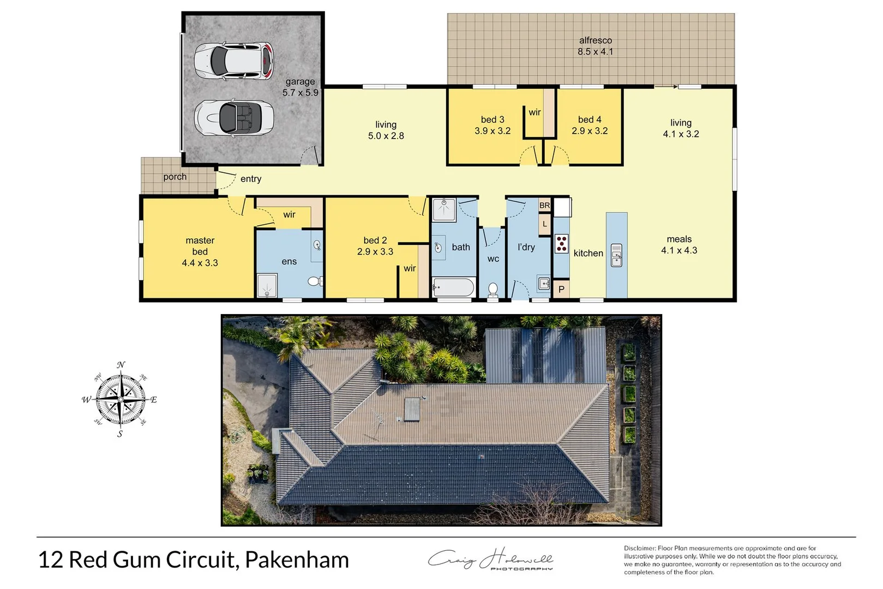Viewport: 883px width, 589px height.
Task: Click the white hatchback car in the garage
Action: pyautogui.click(x=233, y=61)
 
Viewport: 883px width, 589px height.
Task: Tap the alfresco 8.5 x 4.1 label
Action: pyautogui.click(x=595, y=46)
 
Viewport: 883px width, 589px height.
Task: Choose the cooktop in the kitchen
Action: pyautogui.click(x=561, y=243)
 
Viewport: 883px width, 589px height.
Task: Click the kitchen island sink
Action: pyautogui.click(x=616, y=255)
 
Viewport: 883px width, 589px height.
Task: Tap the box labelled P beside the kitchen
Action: pyautogui.click(x=561, y=290)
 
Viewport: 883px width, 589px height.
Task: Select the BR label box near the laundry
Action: pyautogui.click(x=544, y=206)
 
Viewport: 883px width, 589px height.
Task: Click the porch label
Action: pyautogui.click(x=175, y=177)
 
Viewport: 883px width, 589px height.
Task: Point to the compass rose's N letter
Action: pyautogui.click(x=121, y=365)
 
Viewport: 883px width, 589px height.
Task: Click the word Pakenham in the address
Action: pyautogui.click(x=297, y=560)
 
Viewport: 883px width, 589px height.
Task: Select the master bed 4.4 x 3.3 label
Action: pyautogui.click(x=200, y=251)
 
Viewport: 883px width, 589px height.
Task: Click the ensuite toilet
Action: pyautogui.click(x=315, y=281)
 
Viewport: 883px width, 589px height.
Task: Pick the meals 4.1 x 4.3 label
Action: pyautogui.click(x=679, y=245)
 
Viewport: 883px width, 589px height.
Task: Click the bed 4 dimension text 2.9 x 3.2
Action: pyautogui.click(x=590, y=131)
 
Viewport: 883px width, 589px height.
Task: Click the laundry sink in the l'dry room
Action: pyautogui.click(x=543, y=283)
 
